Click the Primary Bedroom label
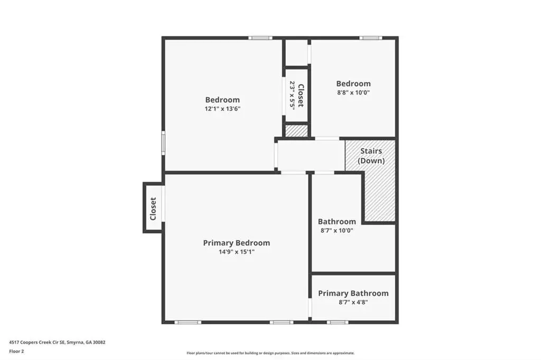click(236, 243)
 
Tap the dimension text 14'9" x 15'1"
click(236, 252)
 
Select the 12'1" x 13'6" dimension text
click(222, 109)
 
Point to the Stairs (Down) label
click(371, 156)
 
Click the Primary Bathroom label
click(353, 293)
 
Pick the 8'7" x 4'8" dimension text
click(353, 302)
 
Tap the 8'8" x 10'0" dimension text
click(353, 92)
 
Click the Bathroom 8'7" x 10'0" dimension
click(337, 230)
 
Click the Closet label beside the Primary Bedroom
click(153, 209)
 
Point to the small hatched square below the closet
click(296, 131)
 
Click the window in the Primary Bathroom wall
click(338, 323)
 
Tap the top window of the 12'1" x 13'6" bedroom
click(260, 38)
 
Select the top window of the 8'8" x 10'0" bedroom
click(370, 38)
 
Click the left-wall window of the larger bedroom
click(164, 143)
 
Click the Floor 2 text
click(16, 352)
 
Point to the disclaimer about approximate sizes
click(270, 353)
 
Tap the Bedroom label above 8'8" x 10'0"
click(353, 83)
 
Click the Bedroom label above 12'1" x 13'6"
click(222, 100)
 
